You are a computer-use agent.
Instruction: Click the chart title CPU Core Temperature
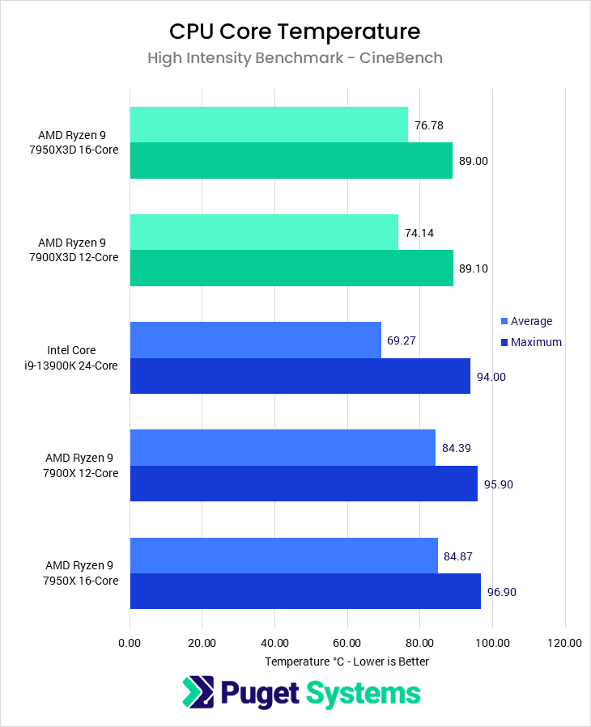point(295,32)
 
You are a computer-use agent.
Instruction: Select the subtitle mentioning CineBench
point(295,58)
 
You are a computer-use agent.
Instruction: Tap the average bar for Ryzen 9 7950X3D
point(268,125)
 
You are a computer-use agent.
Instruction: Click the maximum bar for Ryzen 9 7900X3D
point(291,268)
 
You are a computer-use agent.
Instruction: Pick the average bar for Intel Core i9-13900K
point(255,340)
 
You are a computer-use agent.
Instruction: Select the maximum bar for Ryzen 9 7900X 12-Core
point(303,484)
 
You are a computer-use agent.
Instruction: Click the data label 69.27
point(402,340)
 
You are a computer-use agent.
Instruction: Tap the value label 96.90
point(501,592)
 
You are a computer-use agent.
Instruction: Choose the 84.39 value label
point(456,448)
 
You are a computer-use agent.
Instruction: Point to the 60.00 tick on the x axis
point(347,644)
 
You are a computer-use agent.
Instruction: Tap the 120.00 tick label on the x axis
point(564,644)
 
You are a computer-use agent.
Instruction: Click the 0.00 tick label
point(130,644)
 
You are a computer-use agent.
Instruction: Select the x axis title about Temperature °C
point(347,661)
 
